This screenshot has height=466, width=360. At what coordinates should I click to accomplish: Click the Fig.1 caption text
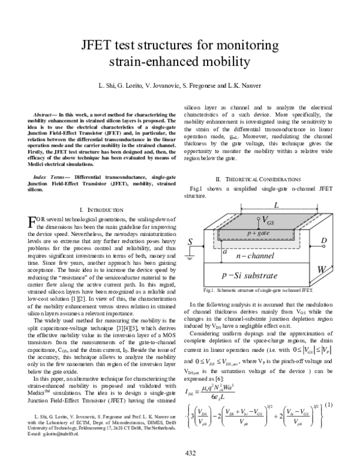(258, 291)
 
